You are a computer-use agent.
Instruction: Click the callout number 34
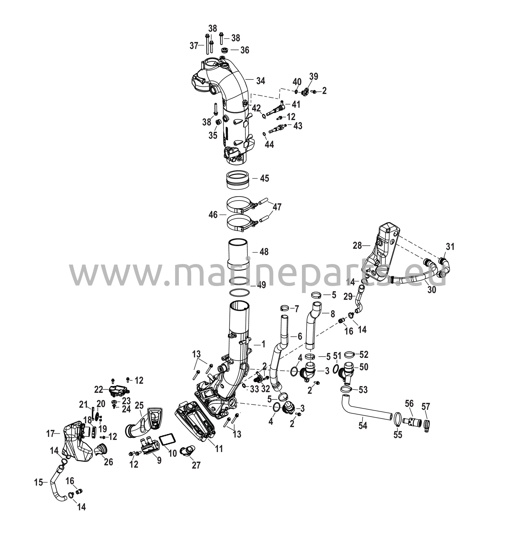pos(260,81)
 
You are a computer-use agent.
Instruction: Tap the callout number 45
pos(264,178)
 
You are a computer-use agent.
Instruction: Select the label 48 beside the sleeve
pos(264,252)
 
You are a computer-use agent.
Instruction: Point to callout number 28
pos(357,245)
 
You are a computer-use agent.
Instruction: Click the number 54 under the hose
pos(363,426)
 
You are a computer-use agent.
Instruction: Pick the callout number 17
pos(51,434)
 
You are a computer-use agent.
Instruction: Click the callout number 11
pos(219,449)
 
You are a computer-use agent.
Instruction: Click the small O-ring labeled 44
pos(264,134)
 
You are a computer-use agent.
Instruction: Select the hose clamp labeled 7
pos(285,308)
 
